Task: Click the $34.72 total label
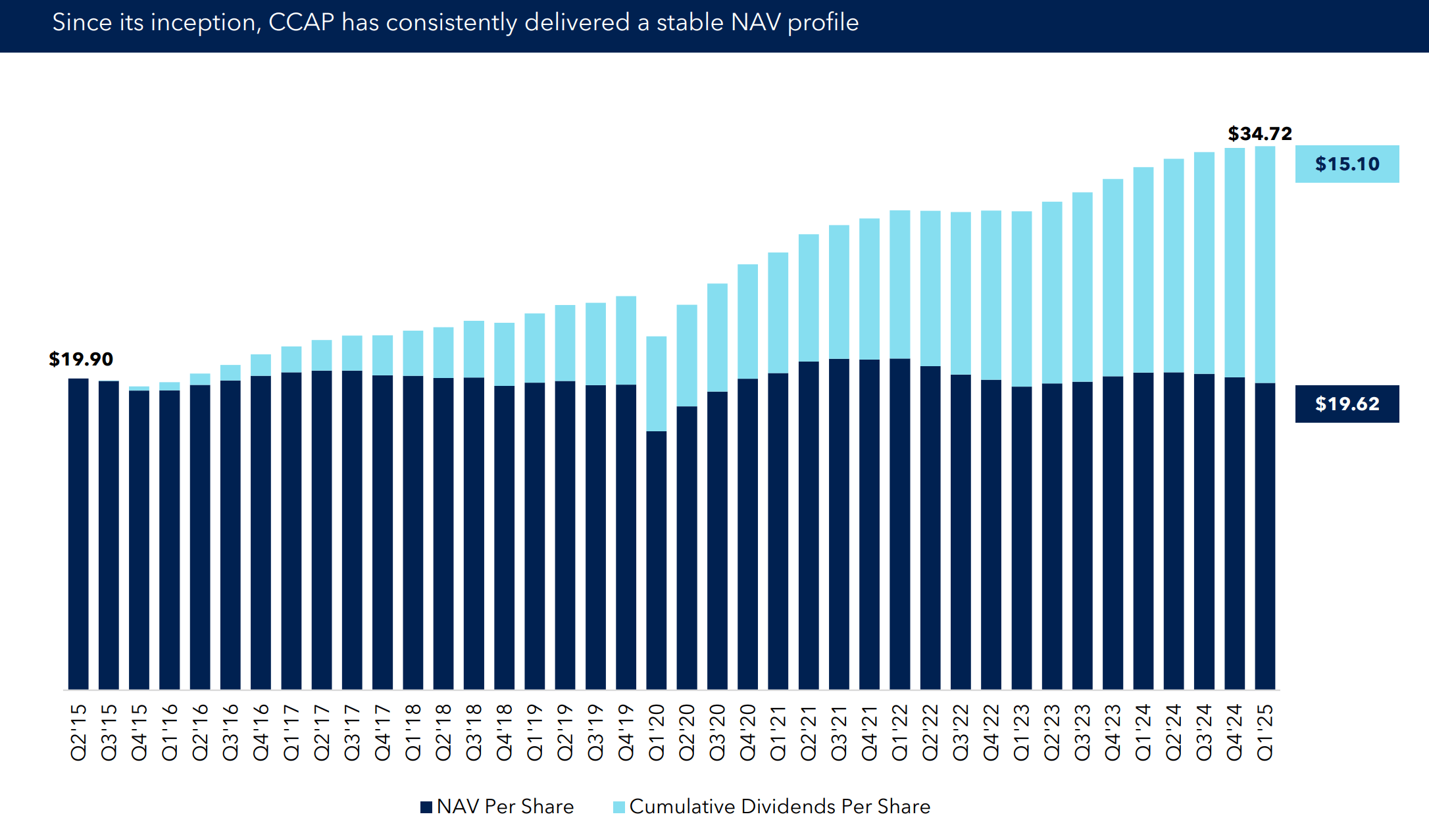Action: point(1259,134)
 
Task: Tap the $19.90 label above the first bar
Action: point(81,359)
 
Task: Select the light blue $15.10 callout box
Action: point(1347,164)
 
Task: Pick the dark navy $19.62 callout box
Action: point(1347,404)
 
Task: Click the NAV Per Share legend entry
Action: point(497,807)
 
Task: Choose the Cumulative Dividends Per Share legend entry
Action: point(772,807)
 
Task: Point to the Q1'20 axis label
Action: point(657,732)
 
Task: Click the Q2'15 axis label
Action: point(78,732)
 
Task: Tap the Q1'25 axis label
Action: point(1265,732)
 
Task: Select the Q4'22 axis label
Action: point(991,732)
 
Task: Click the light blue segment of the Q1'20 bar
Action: point(657,383)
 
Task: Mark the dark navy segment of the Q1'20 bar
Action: point(657,559)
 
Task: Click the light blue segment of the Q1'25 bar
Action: point(1265,263)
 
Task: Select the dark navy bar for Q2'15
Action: point(78,533)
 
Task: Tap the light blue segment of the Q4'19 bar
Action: point(626,340)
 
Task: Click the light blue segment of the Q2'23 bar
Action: point(1051,292)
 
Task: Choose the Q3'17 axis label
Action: point(352,732)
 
